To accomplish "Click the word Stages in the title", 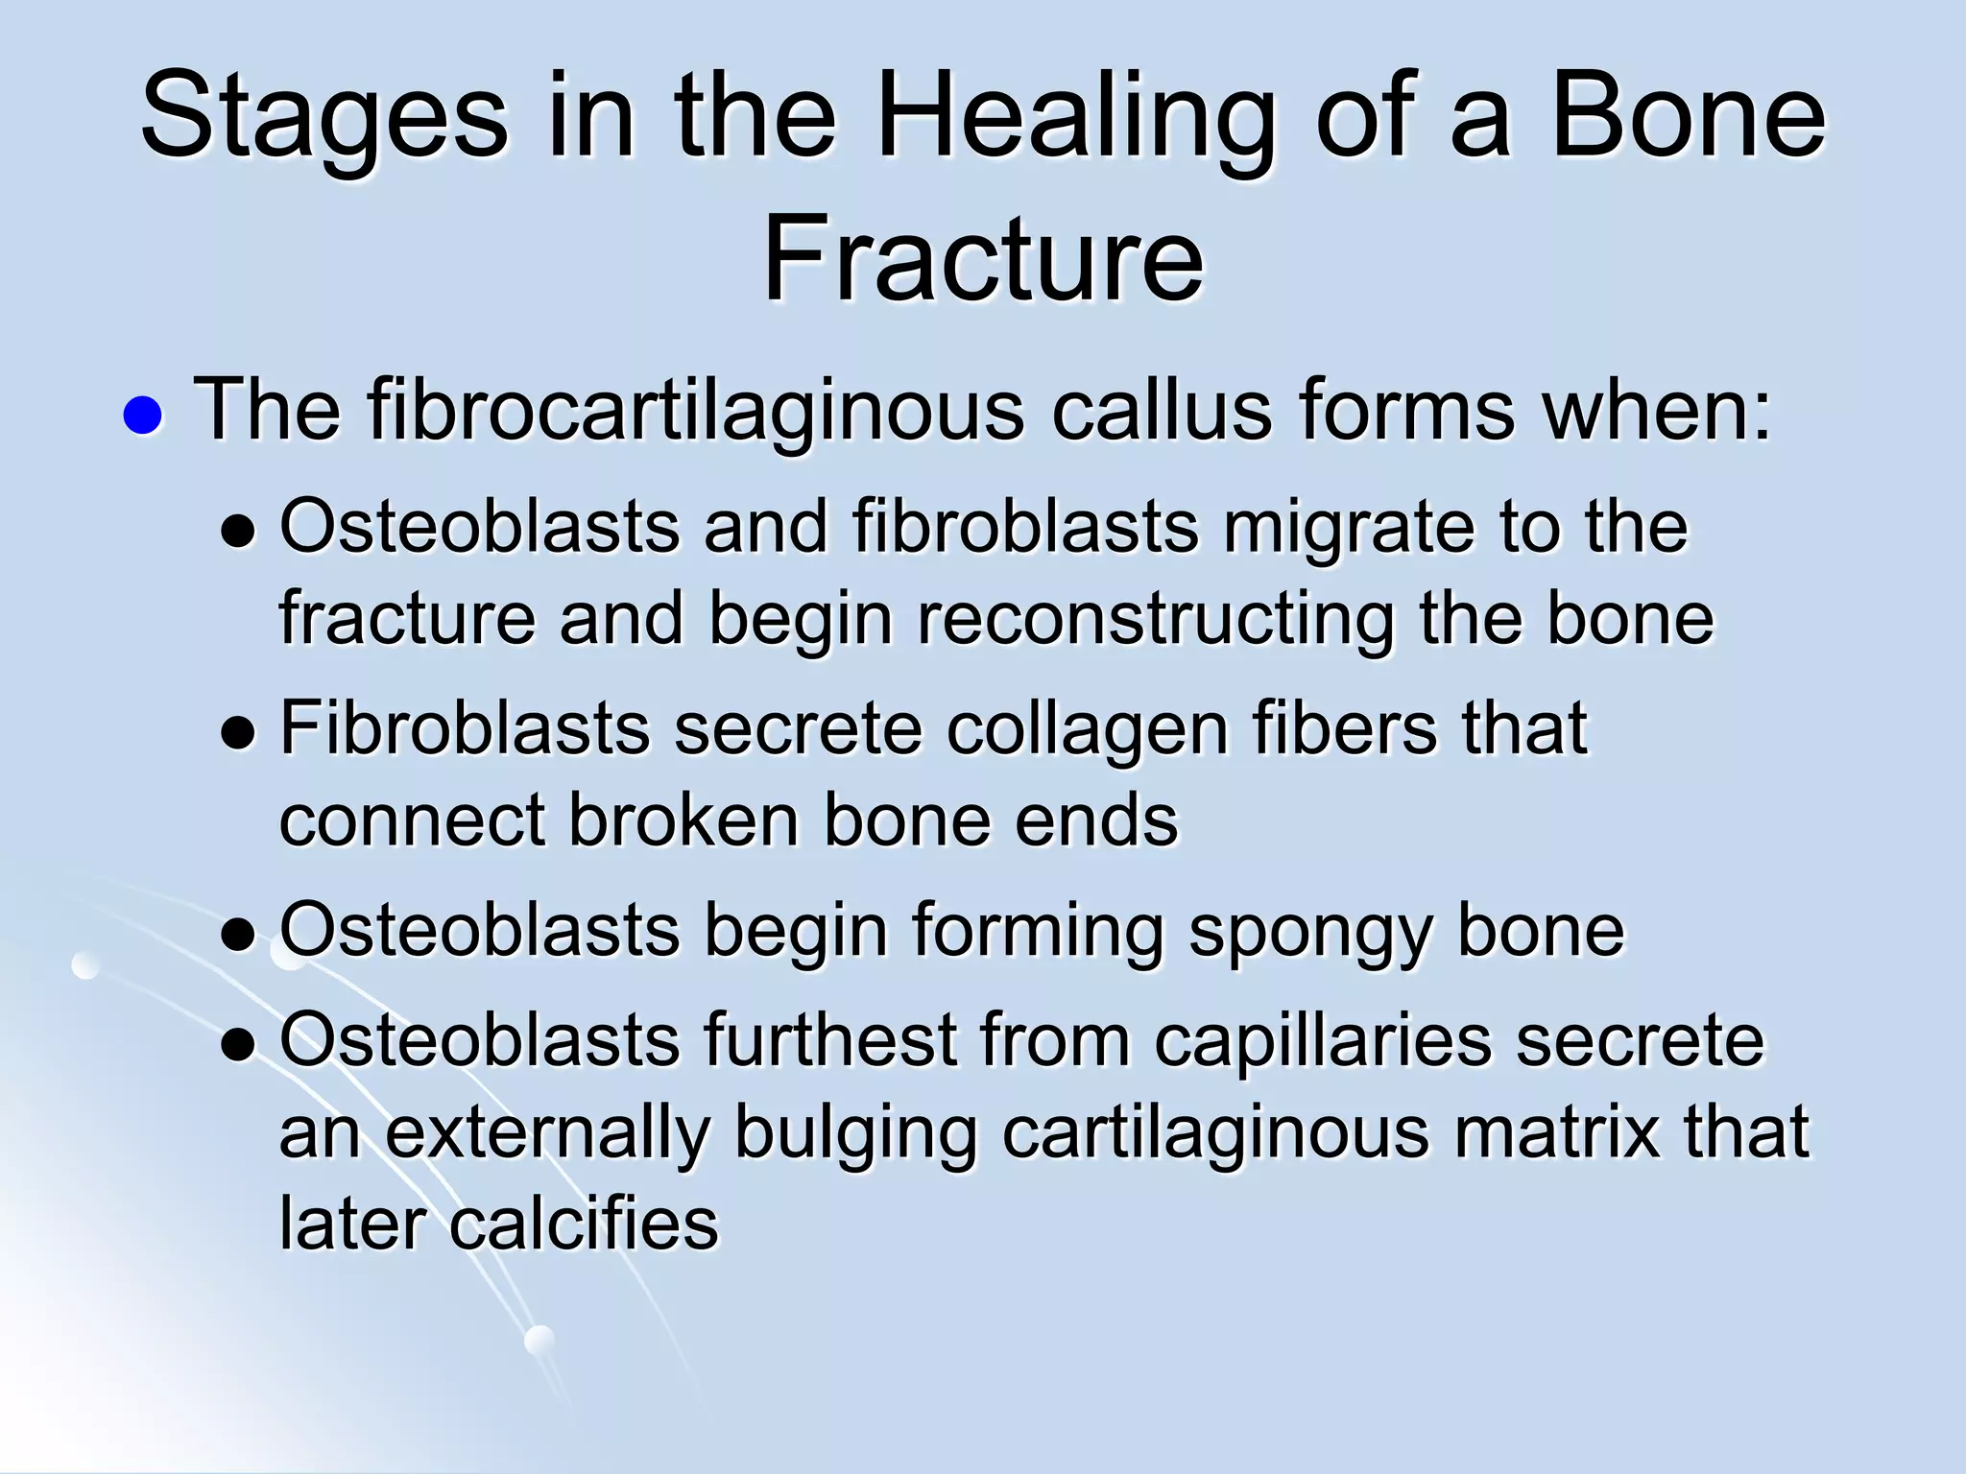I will [324, 117].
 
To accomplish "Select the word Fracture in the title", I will [982, 258].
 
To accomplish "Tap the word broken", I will [683, 820].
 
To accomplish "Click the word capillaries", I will [1323, 1040].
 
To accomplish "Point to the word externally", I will [546, 1133].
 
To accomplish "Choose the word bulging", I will [855, 1133].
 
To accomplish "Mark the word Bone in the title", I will [1688, 117].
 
